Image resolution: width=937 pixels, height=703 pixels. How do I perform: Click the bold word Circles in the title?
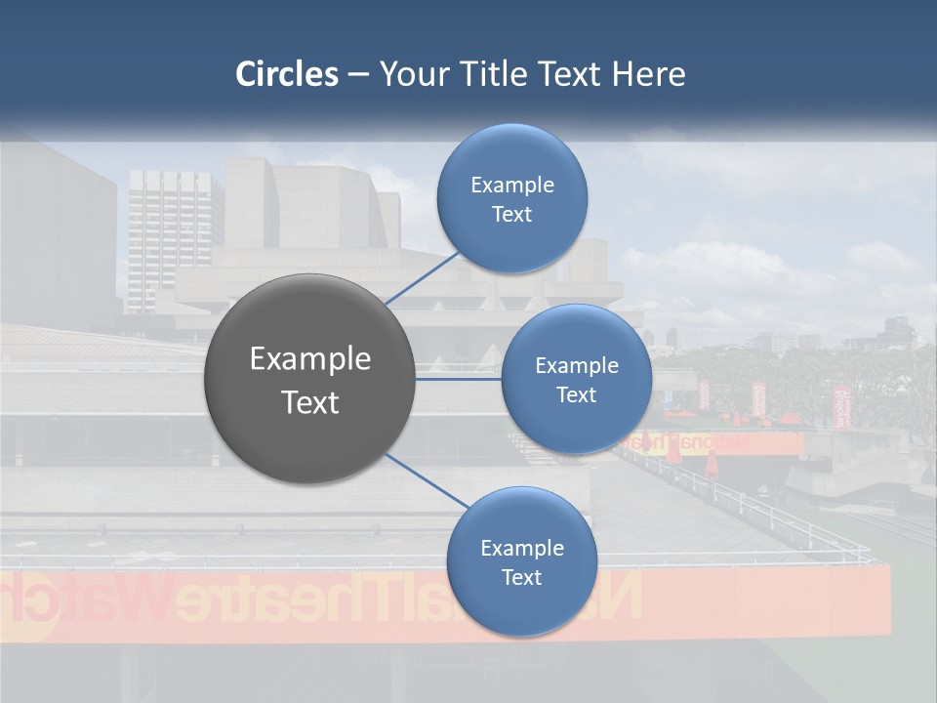pyautogui.click(x=287, y=74)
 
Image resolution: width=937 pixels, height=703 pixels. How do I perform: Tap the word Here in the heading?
pyautogui.click(x=649, y=74)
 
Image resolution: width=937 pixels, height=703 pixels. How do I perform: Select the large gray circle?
pyautogui.click(x=310, y=379)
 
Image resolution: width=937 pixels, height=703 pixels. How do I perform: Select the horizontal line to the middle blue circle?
pyautogui.click(x=459, y=379)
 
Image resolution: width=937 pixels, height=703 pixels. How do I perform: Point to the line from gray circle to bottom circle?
pyautogui.click(x=426, y=479)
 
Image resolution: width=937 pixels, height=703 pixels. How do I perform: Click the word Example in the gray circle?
pyautogui.click(x=310, y=359)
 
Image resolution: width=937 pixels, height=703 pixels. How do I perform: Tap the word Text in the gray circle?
pyautogui.click(x=310, y=402)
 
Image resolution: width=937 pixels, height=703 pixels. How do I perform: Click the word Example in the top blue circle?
pyautogui.click(x=512, y=186)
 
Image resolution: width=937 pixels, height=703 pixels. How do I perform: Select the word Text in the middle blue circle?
pyautogui.click(x=577, y=395)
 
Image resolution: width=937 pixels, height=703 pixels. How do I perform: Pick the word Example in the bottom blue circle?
pyautogui.click(x=521, y=549)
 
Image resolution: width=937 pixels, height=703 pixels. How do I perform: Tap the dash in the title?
pyautogui.click(x=358, y=74)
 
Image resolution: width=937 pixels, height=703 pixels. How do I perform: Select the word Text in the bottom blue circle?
pyautogui.click(x=521, y=578)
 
